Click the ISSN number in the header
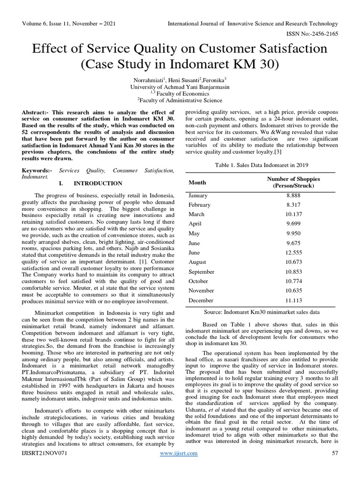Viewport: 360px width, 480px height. click(x=311, y=34)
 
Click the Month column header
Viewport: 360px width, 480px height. click(x=197, y=182)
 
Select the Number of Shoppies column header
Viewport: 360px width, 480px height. click(x=293, y=182)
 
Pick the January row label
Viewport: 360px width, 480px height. click(x=199, y=195)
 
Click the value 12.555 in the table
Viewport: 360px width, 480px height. click(x=293, y=253)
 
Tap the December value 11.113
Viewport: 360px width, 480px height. click(x=293, y=300)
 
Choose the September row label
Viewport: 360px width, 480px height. click(x=202, y=272)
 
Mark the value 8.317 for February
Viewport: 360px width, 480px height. click(x=293, y=205)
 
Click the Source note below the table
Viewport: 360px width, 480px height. click(x=262, y=312)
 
